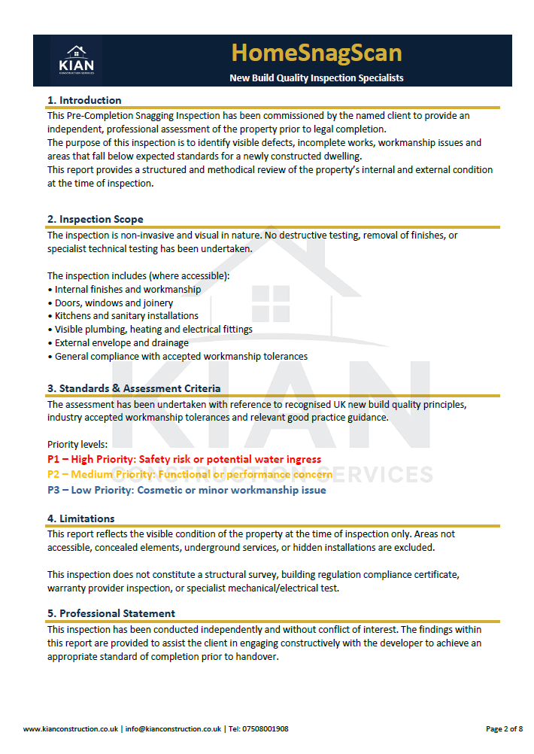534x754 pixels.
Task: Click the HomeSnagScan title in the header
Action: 316,53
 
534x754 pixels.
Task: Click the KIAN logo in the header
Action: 76,60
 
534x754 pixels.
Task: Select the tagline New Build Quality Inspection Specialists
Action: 316,78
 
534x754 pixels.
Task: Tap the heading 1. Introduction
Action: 84,100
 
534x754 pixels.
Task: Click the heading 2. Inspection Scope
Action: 95,219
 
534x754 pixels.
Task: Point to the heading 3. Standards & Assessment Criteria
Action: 134,388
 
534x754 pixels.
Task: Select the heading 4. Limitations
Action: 81,518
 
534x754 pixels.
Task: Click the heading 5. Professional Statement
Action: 111,613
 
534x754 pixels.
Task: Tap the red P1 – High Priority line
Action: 184,459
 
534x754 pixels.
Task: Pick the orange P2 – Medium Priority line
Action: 190,475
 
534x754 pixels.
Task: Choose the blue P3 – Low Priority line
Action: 187,491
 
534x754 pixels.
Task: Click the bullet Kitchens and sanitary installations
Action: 126,316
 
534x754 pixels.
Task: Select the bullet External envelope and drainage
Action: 122,343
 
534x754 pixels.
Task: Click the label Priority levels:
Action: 77,444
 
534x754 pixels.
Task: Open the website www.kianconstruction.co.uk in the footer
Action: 71,728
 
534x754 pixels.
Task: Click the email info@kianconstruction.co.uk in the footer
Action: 173,728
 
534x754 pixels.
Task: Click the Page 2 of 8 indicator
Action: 504,728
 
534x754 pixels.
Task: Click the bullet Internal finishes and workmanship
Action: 128,289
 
